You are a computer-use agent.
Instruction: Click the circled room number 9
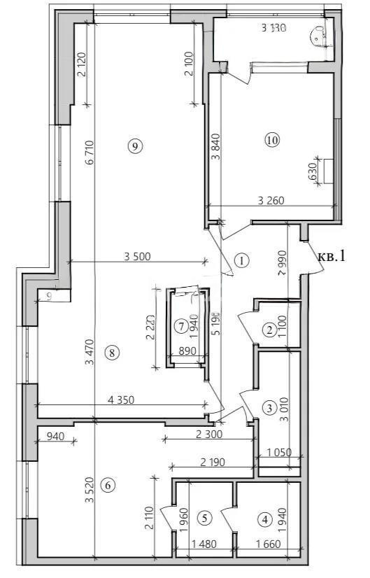click(x=136, y=146)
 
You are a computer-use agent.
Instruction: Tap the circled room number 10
click(x=272, y=140)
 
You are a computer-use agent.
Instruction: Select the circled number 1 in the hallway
click(x=241, y=261)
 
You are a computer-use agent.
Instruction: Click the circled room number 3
click(x=270, y=407)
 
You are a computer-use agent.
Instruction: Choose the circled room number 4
click(x=264, y=520)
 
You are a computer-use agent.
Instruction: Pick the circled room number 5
click(x=204, y=519)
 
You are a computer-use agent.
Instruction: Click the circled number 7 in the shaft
click(x=181, y=325)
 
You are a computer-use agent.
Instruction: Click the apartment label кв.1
click(x=332, y=256)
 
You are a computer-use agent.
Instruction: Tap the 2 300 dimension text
click(x=206, y=435)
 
